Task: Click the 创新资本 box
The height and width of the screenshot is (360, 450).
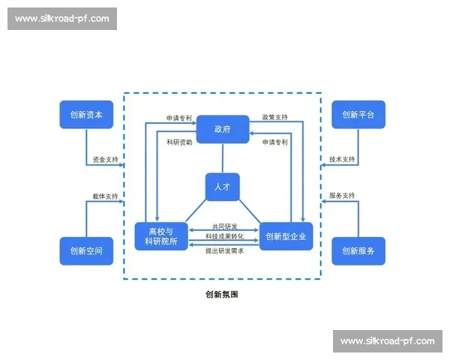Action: coord(86,115)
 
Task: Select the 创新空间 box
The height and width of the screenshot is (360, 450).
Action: coord(86,250)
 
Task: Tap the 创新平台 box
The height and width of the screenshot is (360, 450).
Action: coord(358,115)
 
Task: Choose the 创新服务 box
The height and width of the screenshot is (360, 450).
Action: coord(358,250)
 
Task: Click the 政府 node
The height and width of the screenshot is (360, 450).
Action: coord(223,129)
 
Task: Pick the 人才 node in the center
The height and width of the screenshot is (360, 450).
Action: coord(223,187)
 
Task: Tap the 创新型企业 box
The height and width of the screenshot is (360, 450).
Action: coord(286,236)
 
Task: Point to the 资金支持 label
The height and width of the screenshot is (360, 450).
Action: coord(105,160)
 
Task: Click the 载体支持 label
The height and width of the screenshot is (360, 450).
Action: coord(105,196)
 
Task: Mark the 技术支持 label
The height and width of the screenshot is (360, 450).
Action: coord(342,160)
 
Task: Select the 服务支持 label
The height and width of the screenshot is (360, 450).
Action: coord(342,196)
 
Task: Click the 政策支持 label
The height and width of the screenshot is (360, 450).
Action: coord(274,118)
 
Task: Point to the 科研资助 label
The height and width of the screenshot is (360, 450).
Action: coord(180,142)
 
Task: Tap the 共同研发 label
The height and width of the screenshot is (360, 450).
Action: coord(223,226)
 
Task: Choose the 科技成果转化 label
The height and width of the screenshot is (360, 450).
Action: coord(223,237)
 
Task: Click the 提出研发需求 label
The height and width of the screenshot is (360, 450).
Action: coord(223,250)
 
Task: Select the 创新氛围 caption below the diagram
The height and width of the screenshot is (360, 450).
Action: coord(221,295)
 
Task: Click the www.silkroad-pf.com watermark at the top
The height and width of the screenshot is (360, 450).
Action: coord(62,18)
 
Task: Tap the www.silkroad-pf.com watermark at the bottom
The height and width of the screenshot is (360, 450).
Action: coord(387,341)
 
